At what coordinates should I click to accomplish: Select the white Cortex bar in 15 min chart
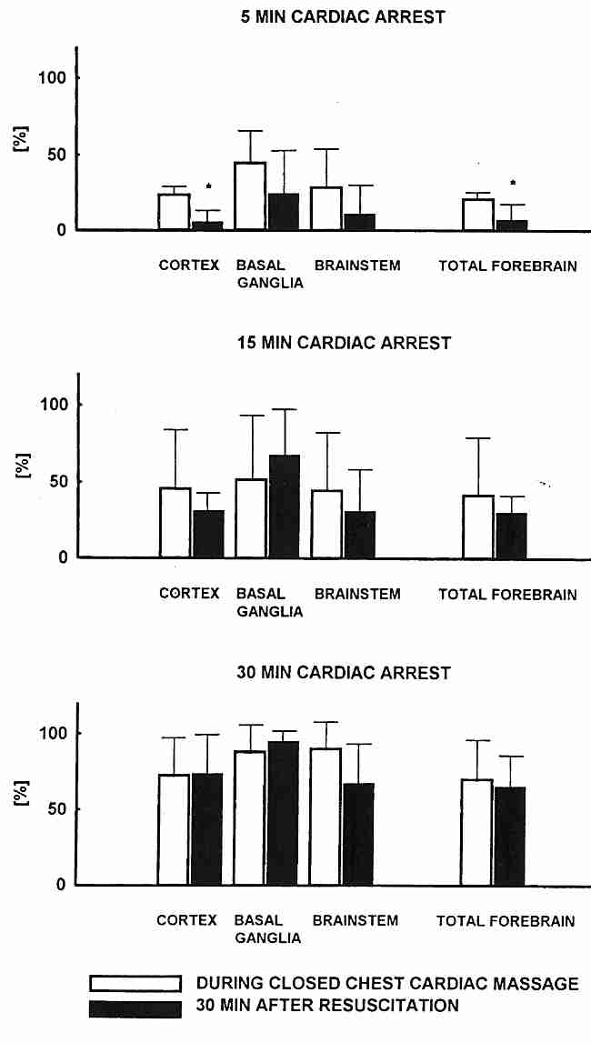175,523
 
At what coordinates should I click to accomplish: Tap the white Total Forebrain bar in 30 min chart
476,832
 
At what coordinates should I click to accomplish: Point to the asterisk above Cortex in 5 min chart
208,187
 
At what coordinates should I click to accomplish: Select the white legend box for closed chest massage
136,984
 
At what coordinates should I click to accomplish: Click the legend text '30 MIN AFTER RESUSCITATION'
327,1006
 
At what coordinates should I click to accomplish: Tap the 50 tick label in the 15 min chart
57,481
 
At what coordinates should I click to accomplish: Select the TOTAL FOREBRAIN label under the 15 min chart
507,595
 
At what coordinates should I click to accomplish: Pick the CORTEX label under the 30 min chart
186,920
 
